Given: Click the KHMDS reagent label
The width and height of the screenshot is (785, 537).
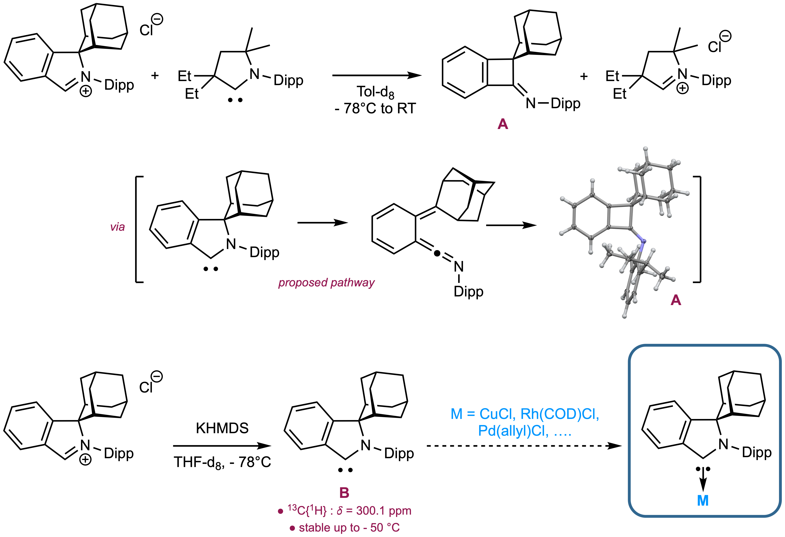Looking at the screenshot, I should pyautogui.click(x=222, y=428).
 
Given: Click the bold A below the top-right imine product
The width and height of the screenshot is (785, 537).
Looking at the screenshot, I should pyautogui.click(x=503, y=124).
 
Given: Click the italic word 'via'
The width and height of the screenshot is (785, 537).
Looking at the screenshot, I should pyautogui.click(x=117, y=227).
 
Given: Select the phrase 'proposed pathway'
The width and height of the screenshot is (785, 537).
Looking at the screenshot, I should pyautogui.click(x=326, y=283).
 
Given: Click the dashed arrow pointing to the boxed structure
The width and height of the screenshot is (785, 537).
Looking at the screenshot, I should pyautogui.click(x=524, y=446).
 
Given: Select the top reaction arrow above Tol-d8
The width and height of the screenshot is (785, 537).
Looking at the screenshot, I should pyautogui.click(x=377, y=75).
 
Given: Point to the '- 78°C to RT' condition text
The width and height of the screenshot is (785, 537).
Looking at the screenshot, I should pyautogui.click(x=375, y=108).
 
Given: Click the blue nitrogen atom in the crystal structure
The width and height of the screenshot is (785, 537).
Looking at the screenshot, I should pyautogui.click(x=643, y=241).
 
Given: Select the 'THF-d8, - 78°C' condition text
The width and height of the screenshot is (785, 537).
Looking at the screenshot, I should pyautogui.click(x=222, y=462).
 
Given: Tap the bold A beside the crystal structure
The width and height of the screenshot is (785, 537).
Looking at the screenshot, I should pyautogui.click(x=676, y=300).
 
